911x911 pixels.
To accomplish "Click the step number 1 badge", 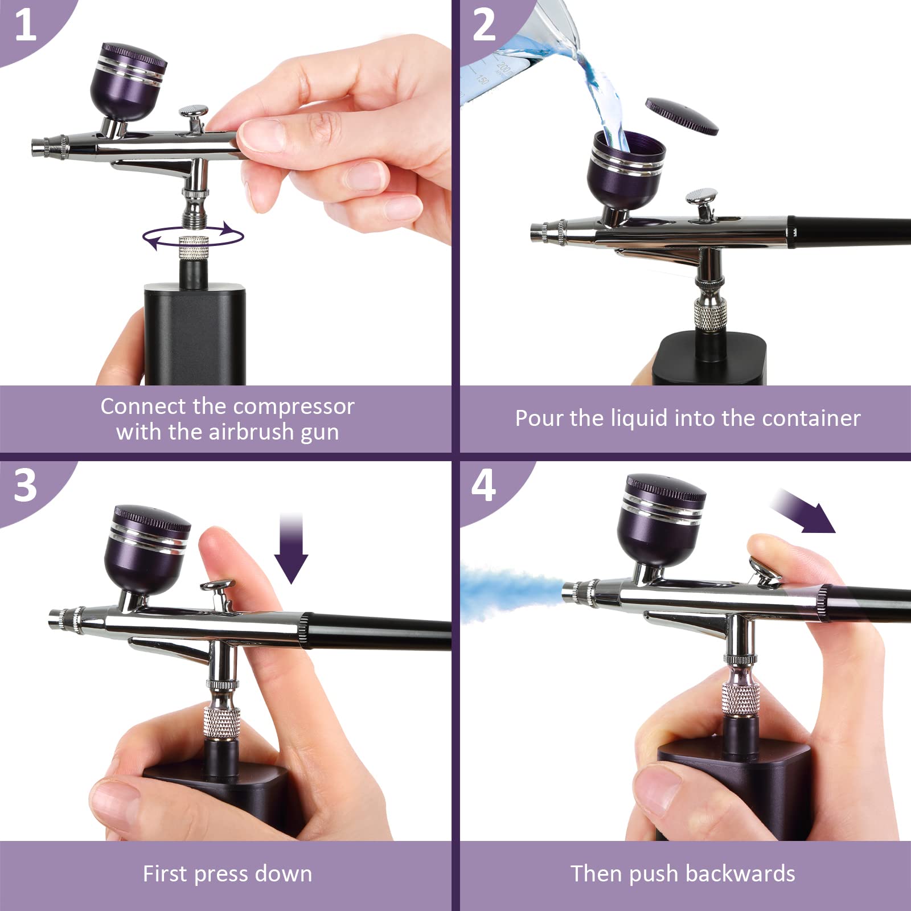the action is coord(25,26).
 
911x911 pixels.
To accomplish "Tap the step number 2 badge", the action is coord(485,26).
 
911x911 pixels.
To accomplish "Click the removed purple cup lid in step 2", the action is coord(682,116).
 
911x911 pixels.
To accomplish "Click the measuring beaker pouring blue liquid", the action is coord(512,51).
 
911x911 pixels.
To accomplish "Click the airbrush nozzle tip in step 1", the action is coord(40,147).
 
